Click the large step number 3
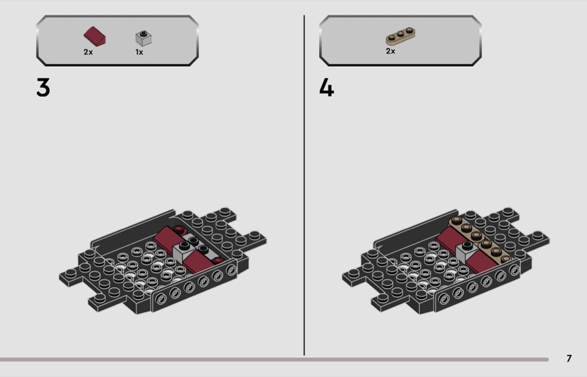[43, 87]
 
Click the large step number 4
[327, 88]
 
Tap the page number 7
[569, 358]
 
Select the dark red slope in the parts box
[95, 37]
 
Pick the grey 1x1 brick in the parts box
[144, 38]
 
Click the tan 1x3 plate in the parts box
[401, 35]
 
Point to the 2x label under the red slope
[88, 52]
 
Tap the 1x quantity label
[139, 52]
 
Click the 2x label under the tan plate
[390, 51]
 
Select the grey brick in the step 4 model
[467, 254]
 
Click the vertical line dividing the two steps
[304, 185]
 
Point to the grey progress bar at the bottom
[274, 359]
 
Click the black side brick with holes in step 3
[194, 287]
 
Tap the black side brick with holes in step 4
[478, 287]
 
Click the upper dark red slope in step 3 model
[168, 237]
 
